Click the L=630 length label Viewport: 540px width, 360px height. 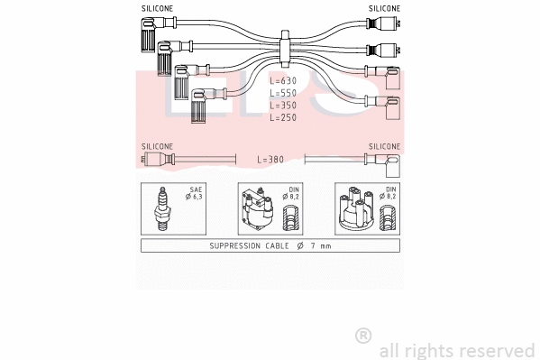click(x=282, y=80)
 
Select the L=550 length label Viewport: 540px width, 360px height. click(x=282, y=93)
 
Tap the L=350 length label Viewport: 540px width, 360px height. click(x=282, y=106)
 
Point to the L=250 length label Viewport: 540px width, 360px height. click(x=282, y=118)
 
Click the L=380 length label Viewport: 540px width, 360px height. click(x=270, y=160)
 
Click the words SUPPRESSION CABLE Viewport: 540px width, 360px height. click(x=249, y=245)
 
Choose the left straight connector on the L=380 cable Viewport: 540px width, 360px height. click(x=156, y=160)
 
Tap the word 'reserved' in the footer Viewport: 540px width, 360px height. click(x=495, y=350)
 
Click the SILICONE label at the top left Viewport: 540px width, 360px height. click(x=158, y=7)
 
